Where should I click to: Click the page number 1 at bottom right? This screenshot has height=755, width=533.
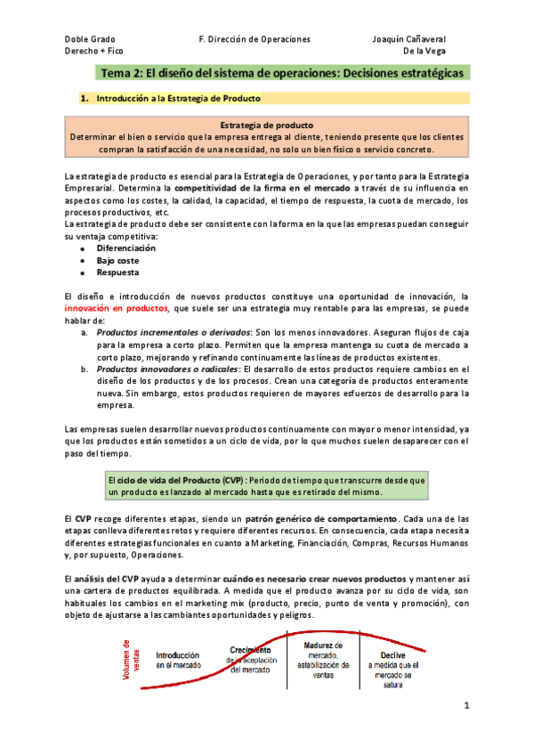(x=465, y=706)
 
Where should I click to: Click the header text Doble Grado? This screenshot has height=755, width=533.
(x=90, y=39)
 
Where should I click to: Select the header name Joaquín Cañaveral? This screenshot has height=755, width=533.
(x=408, y=39)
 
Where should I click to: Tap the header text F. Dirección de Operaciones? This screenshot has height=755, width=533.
(x=254, y=39)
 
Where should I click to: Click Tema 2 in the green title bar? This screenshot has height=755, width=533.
(x=125, y=73)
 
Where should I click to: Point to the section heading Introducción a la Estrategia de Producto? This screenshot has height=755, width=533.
(x=179, y=97)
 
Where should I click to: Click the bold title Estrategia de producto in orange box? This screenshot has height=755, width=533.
(x=265, y=126)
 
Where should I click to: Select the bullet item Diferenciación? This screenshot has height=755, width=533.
(x=125, y=248)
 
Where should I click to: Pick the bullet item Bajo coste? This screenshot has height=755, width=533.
(x=118, y=260)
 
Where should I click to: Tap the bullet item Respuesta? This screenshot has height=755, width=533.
(x=118, y=272)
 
